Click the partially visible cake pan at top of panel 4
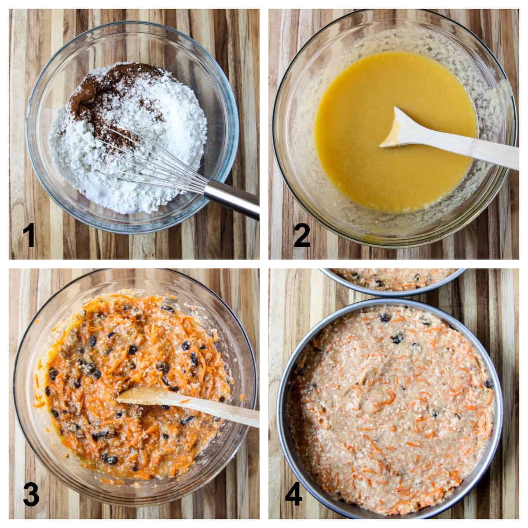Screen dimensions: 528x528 (392, 279)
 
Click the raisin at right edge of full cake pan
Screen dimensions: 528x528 (488, 384)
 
